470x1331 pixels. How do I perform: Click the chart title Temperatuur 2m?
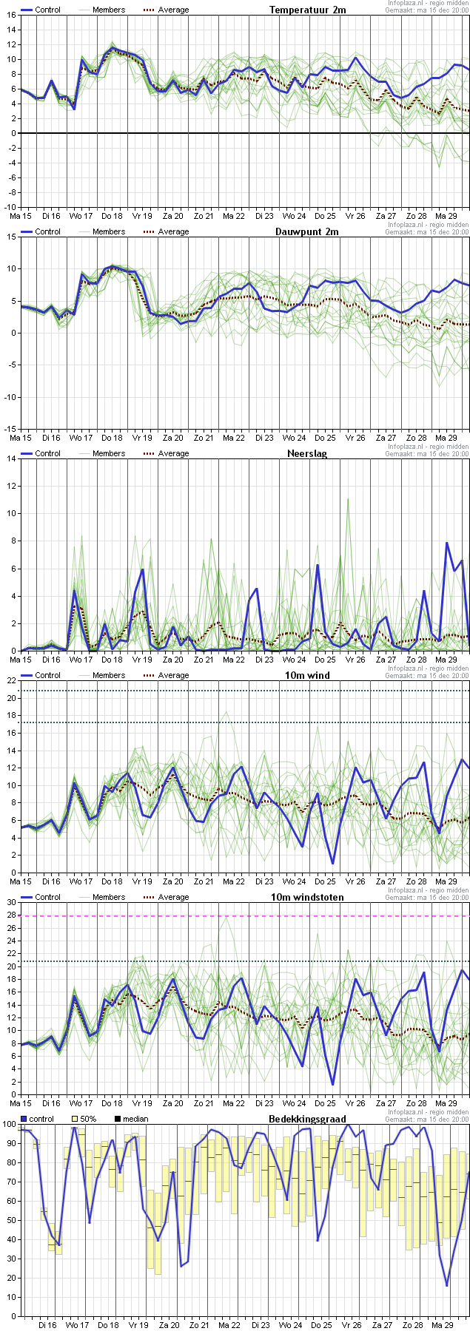[x=307, y=10]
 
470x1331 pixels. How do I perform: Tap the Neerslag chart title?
[x=307, y=453]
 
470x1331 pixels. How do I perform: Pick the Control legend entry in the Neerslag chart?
[x=41, y=453]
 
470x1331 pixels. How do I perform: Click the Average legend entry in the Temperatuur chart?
[x=165, y=10]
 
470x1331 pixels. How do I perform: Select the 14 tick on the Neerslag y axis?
[x=10, y=458]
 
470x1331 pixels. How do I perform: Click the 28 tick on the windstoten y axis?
[x=10, y=915]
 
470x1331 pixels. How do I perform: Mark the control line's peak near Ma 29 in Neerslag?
[x=447, y=543]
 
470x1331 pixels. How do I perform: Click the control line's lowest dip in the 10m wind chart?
[x=333, y=863]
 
